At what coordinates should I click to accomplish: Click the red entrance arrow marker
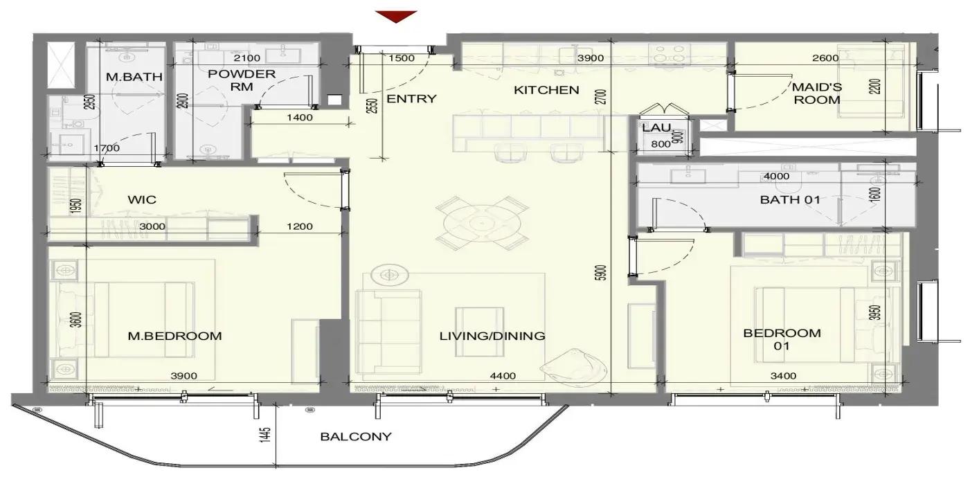coord(396,17)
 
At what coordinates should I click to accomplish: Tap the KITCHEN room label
coord(546,90)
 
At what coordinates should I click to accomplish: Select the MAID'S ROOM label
coord(817,93)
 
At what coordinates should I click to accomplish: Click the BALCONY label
coord(356,436)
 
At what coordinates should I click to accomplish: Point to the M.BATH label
coord(134,77)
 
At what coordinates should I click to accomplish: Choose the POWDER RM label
coord(242,80)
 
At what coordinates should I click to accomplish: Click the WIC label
coord(142,199)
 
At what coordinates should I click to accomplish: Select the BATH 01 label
coord(790,199)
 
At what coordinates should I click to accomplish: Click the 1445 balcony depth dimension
coord(265,435)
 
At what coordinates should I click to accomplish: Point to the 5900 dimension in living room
coord(602,273)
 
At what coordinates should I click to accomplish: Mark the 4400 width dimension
coord(503,376)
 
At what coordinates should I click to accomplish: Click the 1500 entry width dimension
coord(402,58)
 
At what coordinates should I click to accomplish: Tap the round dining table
coord(482,224)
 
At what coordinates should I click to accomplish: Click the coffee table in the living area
coord(479,332)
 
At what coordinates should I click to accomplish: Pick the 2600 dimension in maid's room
coord(825,58)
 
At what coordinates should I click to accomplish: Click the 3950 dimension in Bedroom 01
coord(874,313)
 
